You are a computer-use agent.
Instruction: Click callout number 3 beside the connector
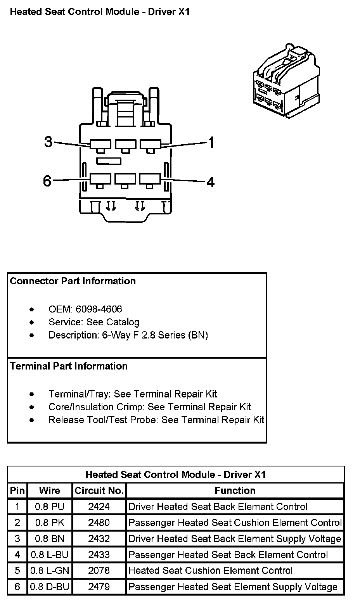click(48, 142)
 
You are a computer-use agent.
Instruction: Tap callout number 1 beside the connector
click(211, 143)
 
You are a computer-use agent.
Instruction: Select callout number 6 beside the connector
click(47, 180)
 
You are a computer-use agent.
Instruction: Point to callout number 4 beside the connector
click(210, 181)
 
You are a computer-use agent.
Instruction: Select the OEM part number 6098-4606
click(99, 309)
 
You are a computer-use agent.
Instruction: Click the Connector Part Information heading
click(73, 281)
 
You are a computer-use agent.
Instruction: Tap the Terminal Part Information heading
click(69, 366)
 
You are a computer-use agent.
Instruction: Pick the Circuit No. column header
click(99, 490)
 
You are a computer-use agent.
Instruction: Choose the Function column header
click(235, 490)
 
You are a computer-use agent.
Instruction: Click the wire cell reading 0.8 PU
click(50, 506)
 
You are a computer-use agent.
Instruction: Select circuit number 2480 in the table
click(99, 523)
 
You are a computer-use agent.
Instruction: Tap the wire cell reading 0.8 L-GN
click(50, 570)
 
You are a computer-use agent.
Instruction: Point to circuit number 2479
click(99, 587)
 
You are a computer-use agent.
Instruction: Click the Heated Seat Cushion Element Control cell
click(210, 570)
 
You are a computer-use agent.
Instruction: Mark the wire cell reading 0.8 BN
click(50, 539)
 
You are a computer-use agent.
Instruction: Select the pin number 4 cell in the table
click(17, 554)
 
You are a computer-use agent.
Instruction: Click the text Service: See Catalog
click(93, 322)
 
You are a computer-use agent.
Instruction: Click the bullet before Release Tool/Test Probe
click(32, 420)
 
